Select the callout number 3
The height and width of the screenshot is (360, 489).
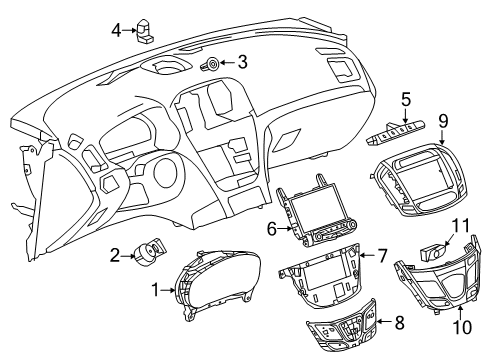pos(241,62)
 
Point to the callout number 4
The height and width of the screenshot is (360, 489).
pos(117,30)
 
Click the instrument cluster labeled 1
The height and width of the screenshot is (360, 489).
pos(215,291)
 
